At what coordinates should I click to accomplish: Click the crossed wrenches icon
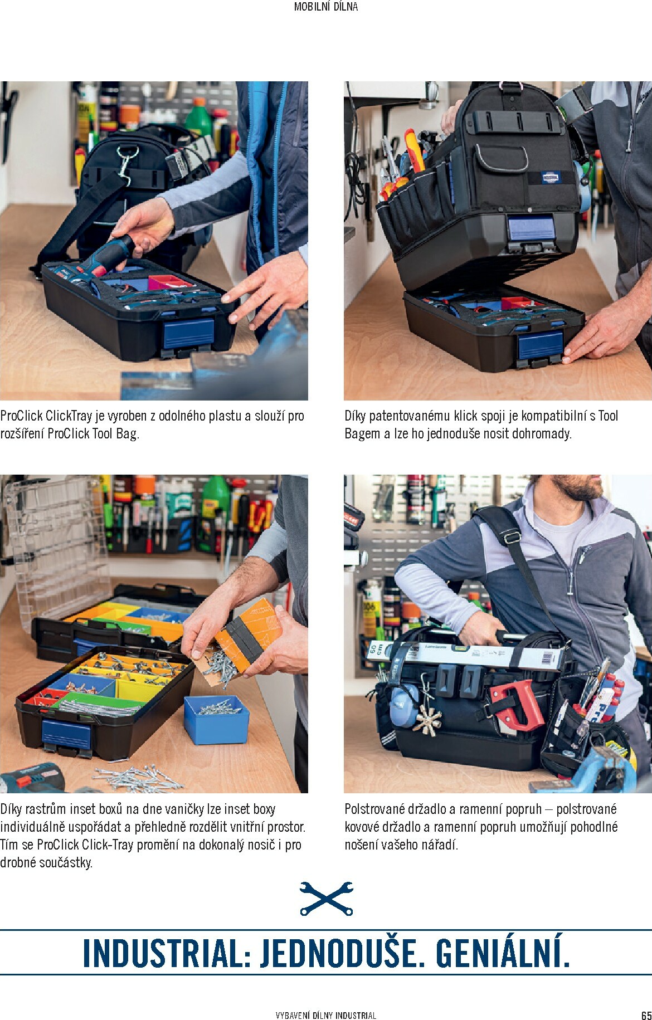coord(326,898)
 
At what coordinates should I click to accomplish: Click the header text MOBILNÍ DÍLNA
coord(326,7)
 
